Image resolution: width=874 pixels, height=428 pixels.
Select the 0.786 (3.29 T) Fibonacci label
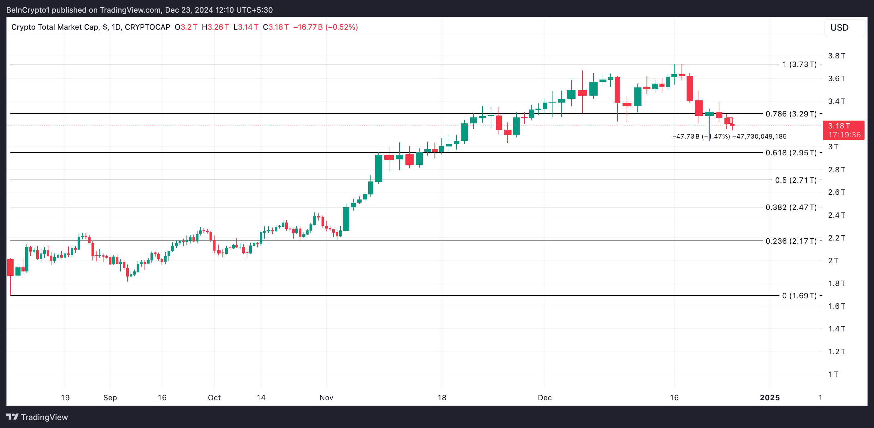tap(791, 114)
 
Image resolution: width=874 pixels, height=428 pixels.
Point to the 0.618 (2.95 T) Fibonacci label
tap(791, 153)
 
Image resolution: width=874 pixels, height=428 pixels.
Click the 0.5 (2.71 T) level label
tap(796, 180)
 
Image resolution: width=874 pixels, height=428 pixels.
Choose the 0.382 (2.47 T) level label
tap(791, 207)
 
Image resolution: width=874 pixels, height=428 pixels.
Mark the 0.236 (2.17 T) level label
tap(791, 241)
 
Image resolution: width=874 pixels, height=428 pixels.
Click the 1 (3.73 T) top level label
tap(799, 64)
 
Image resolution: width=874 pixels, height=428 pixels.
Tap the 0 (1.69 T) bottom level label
tap(799, 296)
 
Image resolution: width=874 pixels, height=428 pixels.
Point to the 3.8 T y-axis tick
tap(836, 56)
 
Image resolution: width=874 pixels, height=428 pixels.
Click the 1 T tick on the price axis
tap(833, 374)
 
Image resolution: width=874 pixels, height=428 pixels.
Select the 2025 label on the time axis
tap(770, 397)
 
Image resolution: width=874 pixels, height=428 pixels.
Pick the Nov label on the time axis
tap(326, 397)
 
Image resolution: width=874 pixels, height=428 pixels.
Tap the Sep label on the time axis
tap(110, 397)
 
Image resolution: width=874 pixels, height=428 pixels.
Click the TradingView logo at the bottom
tap(37, 417)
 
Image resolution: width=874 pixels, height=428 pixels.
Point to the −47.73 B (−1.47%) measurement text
tap(701, 136)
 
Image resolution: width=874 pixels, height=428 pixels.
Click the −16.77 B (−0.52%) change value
tap(325, 27)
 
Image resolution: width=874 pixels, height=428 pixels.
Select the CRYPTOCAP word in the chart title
tap(147, 27)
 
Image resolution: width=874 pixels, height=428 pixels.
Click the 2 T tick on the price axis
tap(833, 261)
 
